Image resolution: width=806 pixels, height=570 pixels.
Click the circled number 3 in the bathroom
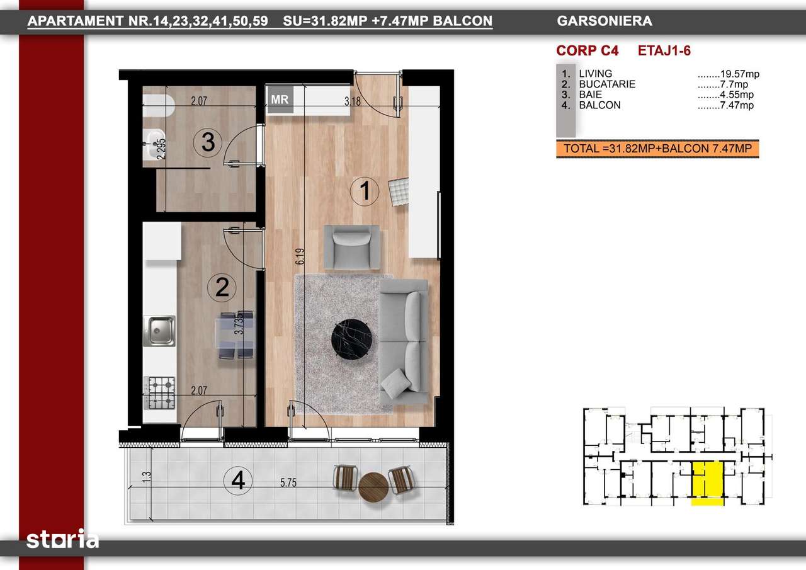[x=208, y=142]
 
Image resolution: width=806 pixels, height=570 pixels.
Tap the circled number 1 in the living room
[x=365, y=191]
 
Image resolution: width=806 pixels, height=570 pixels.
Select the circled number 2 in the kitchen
[x=222, y=287]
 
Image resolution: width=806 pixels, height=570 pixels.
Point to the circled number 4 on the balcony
[x=238, y=481]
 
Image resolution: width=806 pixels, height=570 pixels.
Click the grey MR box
[x=280, y=100]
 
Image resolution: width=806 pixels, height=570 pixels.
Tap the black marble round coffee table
[x=351, y=339]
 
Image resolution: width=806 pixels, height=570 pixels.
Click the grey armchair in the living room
[x=351, y=248]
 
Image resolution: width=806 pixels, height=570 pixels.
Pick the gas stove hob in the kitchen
[x=159, y=393]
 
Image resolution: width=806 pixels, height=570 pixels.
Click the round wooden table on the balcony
[x=373, y=487]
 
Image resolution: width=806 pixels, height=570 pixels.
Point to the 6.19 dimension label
[x=300, y=256]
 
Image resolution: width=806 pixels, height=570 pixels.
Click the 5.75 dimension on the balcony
[x=288, y=482]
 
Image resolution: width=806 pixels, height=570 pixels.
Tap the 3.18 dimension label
[x=353, y=101]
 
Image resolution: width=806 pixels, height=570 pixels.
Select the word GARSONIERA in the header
[x=604, y=21]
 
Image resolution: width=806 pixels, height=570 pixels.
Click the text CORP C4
[x=587, y=51]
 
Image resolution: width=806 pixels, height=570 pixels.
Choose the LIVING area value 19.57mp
[x=739, y=74]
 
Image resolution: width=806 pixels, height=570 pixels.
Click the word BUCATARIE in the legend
[x=607, y=84]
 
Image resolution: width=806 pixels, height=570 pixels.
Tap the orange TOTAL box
[x=657, y=149]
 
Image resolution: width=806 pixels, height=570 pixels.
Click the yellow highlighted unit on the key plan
[x=707, y=482]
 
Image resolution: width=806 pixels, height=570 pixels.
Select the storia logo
[x=62, y=539]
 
